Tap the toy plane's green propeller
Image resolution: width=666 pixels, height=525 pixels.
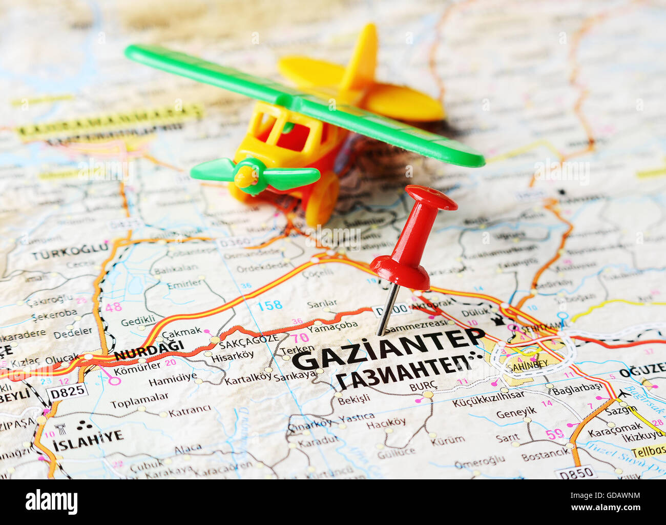click(x=255, y=175)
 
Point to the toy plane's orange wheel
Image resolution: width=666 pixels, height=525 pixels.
click(x=322, y=199)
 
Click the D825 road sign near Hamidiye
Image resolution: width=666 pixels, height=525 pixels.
click(x=67, y=392)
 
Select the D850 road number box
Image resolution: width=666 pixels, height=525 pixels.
click(x=576, y=473)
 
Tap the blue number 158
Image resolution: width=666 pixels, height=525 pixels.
click(x=269, y=306)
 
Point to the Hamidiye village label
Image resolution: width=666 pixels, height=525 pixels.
click(x=173, y=379)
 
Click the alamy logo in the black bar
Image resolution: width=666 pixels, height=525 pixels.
click(x=51, y=502)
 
